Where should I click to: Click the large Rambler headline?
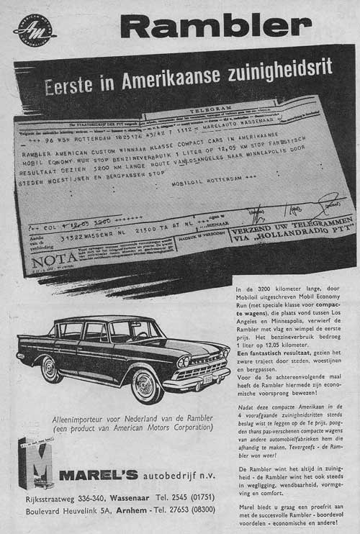215,27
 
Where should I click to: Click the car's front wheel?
147,386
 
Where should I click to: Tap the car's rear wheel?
50,369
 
